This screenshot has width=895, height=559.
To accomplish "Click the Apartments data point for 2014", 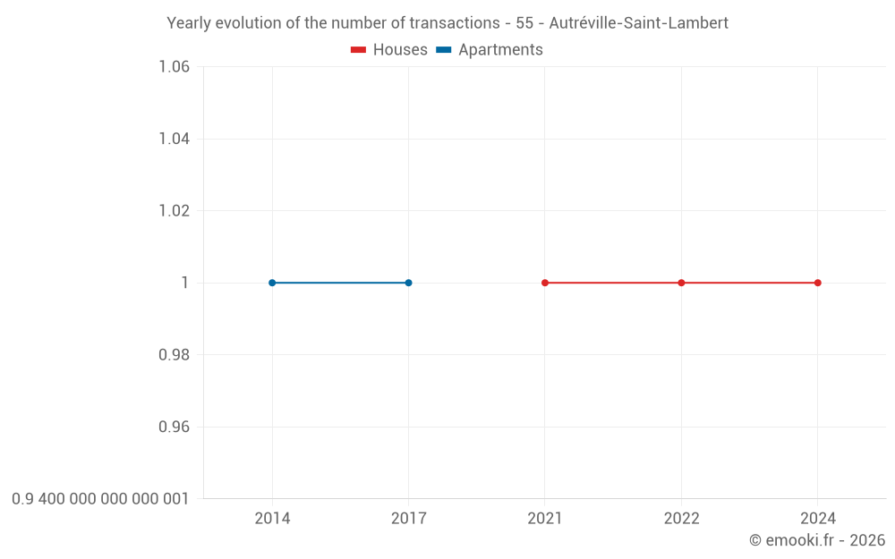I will [x=272, y=283].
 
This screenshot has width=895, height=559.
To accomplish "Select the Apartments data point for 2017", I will [x=408, y=283].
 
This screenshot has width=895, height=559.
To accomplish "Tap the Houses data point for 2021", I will [x=545, y=283].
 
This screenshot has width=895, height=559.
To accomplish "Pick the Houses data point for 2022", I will [x=681, y=283].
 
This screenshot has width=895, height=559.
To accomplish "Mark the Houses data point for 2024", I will [x=818, y=283].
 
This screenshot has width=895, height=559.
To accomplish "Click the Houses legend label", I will [x=400, y=50].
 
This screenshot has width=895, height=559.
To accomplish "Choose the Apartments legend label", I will [x=500, y=50].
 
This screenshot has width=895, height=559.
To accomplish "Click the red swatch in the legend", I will [x=358, y=50].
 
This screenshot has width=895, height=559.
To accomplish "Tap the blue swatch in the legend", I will [x=443, y=50].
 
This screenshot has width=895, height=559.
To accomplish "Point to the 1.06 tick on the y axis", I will [x=174, y=67].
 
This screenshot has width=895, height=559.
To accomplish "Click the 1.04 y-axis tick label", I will [x=174, y=139].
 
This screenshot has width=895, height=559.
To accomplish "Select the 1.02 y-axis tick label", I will [x=174, y=211].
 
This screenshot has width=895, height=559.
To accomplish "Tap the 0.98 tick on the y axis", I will [x=174, y=355].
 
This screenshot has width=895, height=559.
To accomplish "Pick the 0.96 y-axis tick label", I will [x=174, y=427].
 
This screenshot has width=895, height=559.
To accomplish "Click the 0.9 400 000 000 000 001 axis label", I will [x=100, y=499].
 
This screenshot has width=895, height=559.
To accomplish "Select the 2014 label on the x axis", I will [x=272, y=519].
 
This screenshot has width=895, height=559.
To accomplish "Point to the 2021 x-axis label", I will [x=545, y=519].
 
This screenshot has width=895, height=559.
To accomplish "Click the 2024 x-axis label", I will [x=818, y=519].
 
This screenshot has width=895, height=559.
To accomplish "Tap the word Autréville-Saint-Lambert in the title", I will [x=638, y=23].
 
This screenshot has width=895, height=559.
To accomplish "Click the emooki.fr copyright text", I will [x=817, y=540].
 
